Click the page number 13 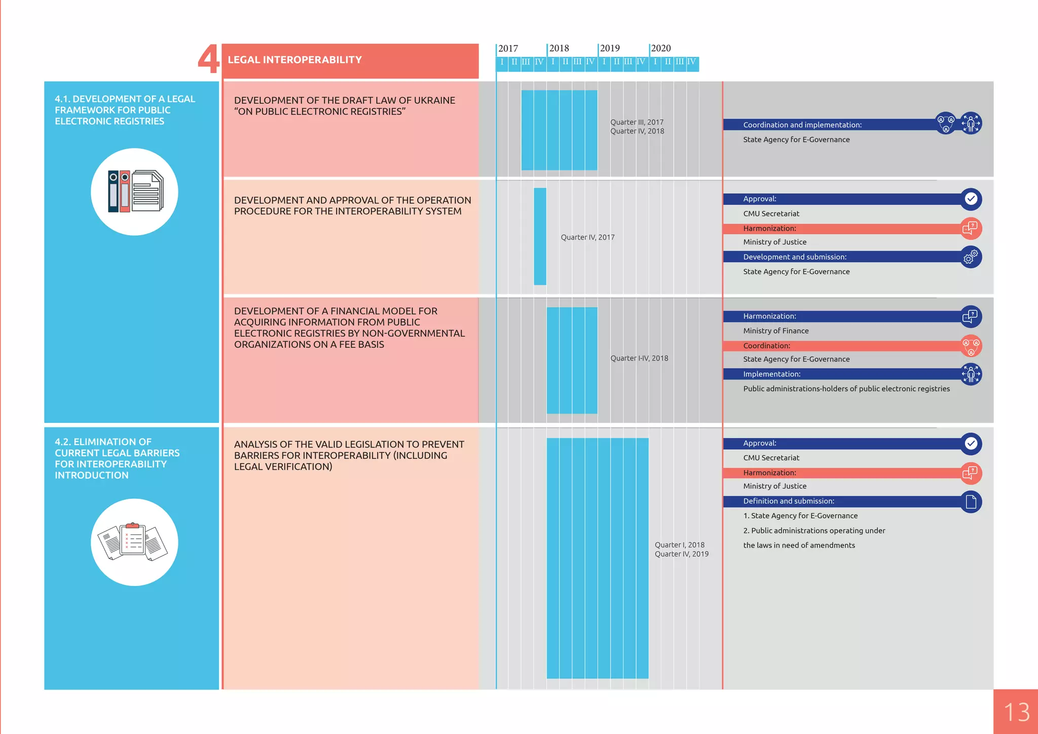[1016, 712]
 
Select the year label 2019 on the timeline [610, 48]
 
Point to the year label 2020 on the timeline [661, 48]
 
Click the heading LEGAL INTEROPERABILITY [294, 60]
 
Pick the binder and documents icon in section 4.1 [134, 192]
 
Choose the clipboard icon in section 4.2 [134, 542]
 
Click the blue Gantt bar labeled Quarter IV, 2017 [540, 236]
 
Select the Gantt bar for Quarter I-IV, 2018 [572, 360]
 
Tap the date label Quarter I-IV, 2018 [639, 358]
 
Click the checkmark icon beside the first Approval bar [971, 199]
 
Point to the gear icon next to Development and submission [971, 257]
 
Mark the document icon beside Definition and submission [971, 501]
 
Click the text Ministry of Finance [775, 331]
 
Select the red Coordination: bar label [766, 346]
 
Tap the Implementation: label [771, 374]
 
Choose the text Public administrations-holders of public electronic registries [846, 389]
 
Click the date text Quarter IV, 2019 [681, 554]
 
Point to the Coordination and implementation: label [802, 125]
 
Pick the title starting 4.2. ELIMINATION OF [117, 458]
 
